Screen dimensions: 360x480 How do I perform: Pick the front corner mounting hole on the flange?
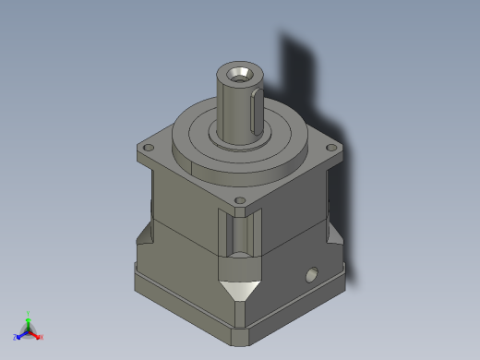(x=240, y=200)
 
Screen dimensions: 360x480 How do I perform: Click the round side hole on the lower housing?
(x=311, y=274)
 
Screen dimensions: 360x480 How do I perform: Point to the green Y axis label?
(x=29, y=313)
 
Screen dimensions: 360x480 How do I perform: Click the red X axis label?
(x=42, y=337)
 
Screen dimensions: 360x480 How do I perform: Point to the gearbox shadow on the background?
(x=305, y=83)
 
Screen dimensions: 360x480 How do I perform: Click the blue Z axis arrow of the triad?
(x=21, y=333)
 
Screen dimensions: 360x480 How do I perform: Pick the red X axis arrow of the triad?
(x=35, y=333)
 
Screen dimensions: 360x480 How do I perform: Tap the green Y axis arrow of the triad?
(x=29, y=322)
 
